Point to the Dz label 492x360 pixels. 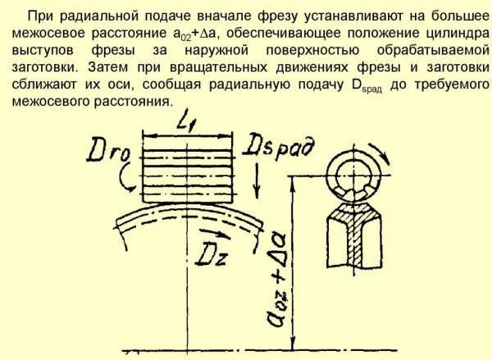click(212, 253)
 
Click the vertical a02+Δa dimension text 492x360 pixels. click(277, 280)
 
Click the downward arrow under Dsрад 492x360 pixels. click(257, 180)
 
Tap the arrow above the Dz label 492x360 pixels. click(215, 234)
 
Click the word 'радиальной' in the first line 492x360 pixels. click(98, 16)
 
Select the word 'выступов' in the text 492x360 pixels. click(43, 51)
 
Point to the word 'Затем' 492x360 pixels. click(107, 67)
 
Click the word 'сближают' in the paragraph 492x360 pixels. click(43, 84)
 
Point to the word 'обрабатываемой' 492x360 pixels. click(433, 51)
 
